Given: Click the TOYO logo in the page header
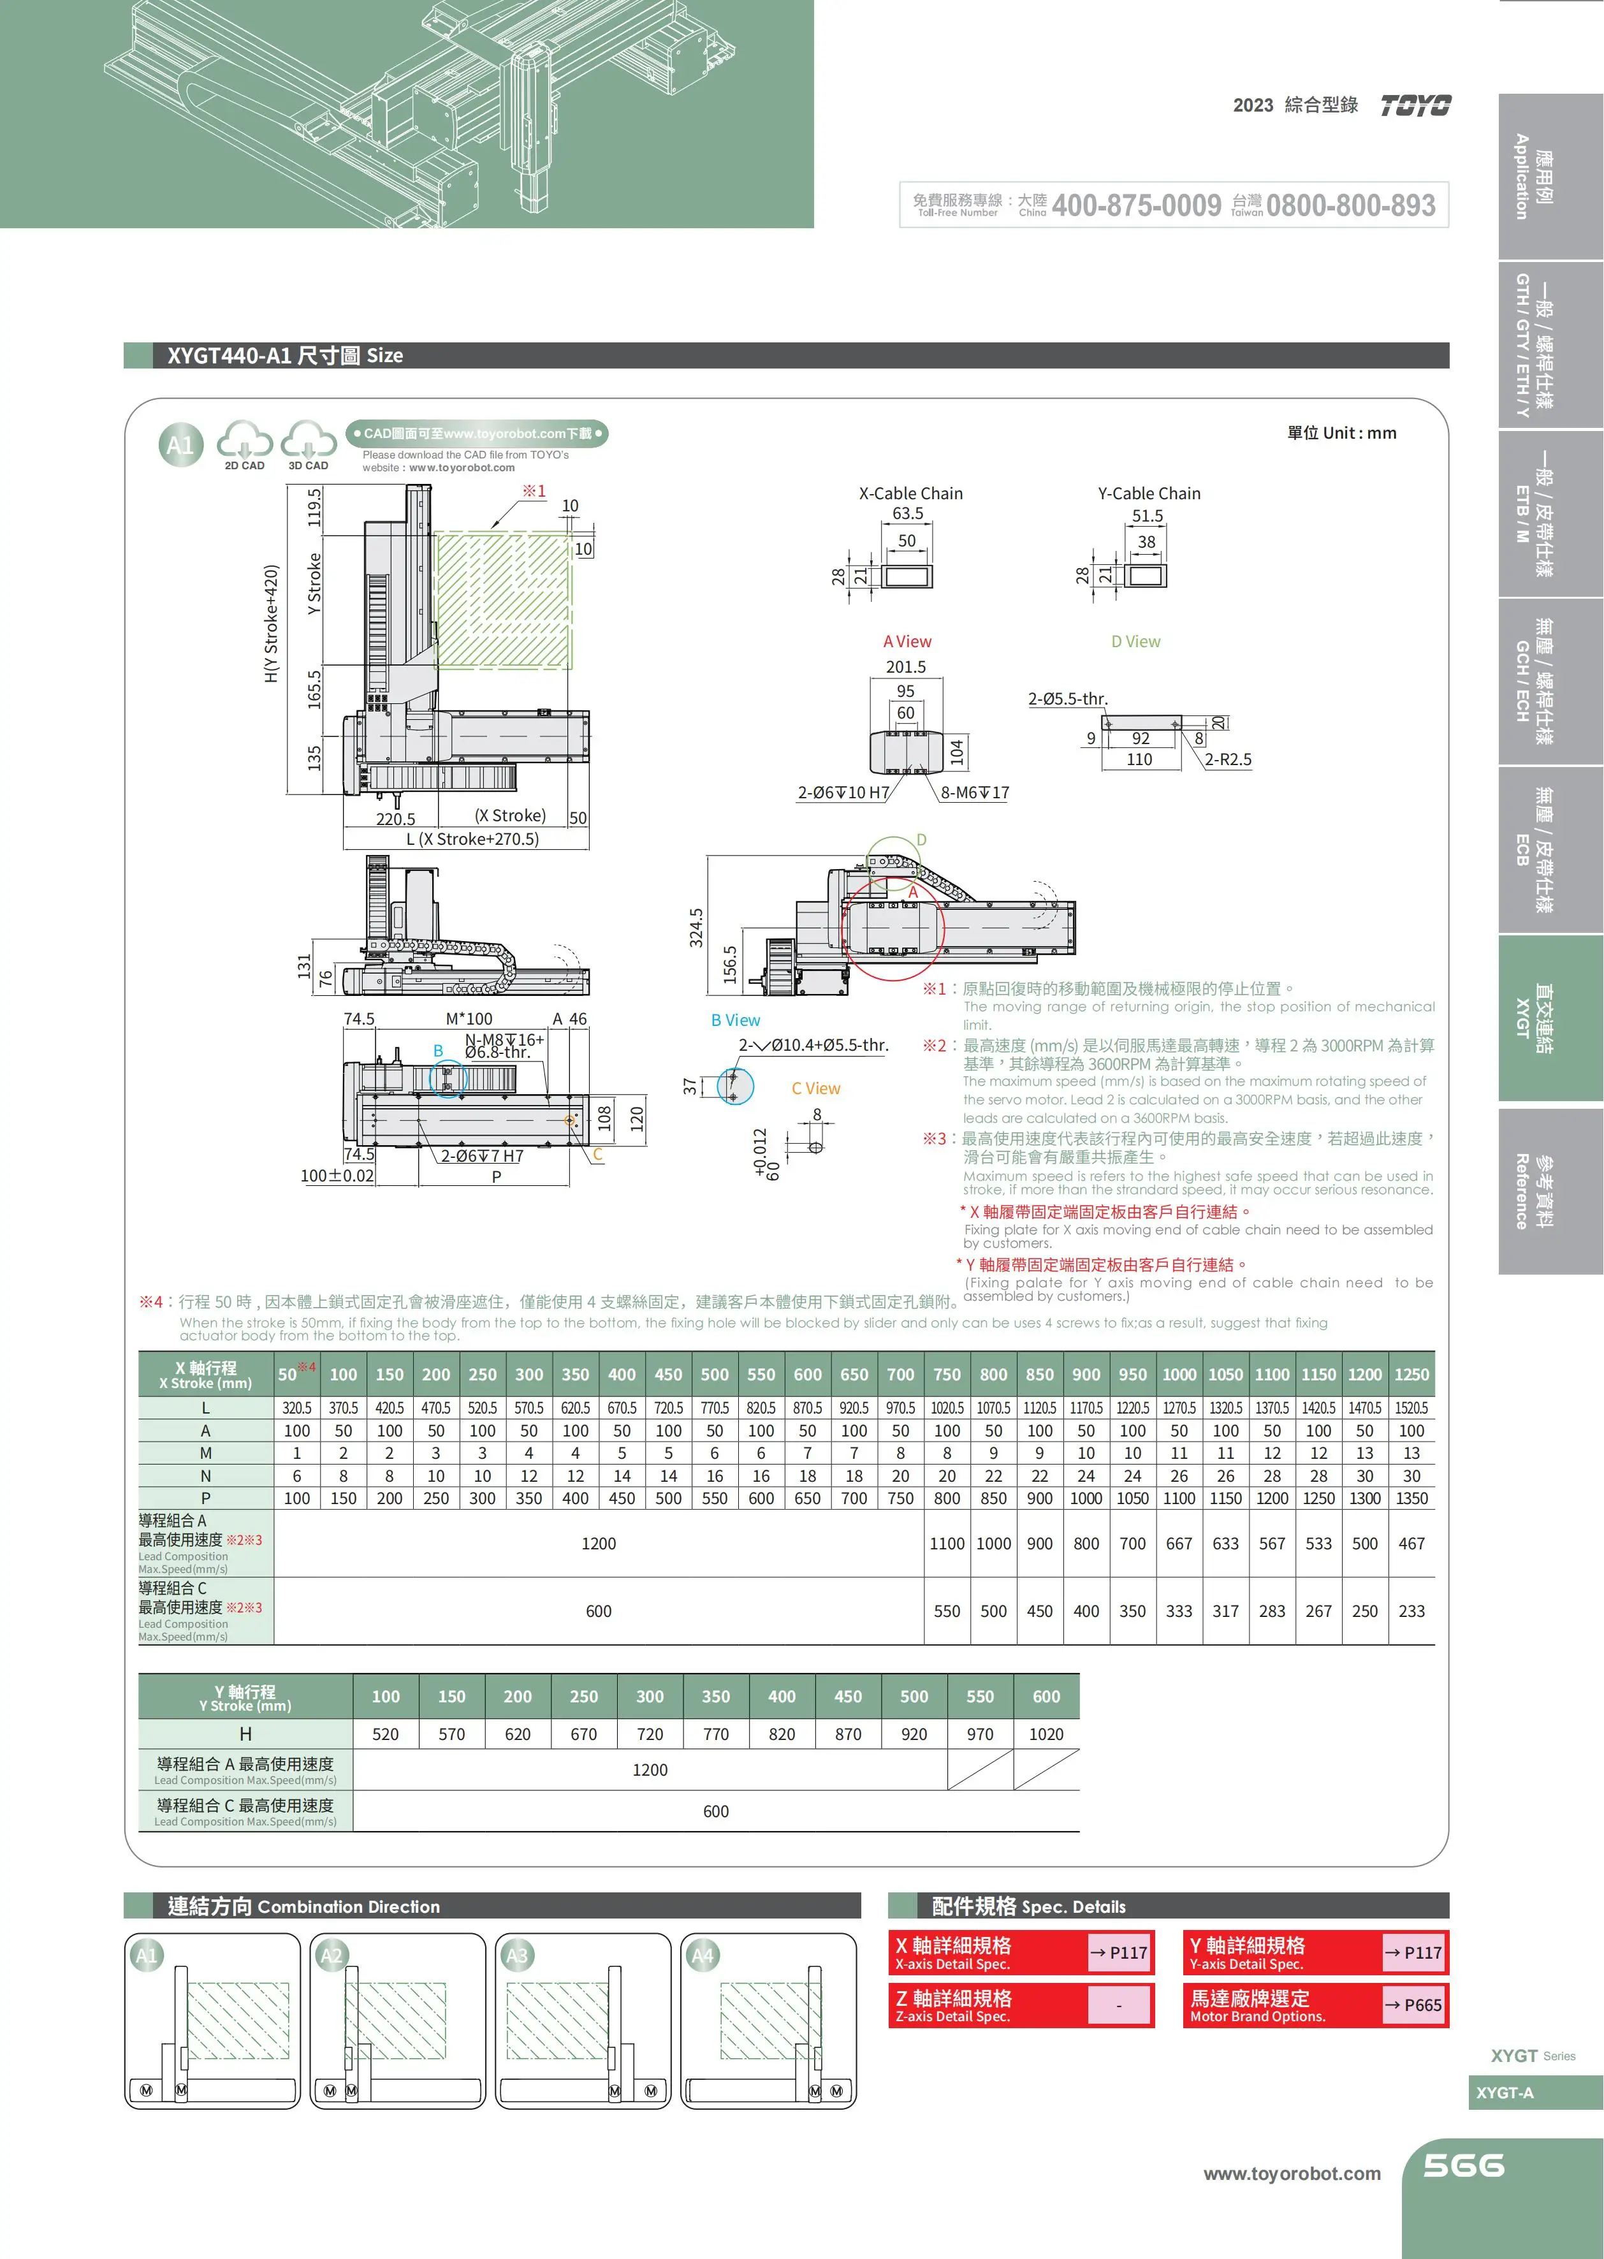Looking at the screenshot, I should pyautogui.click(x=1415, y=106).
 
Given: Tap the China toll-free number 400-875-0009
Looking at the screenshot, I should pyautogui.click(x=1136, y=205).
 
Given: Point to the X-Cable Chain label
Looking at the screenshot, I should pyautogui.click(x=910, y=493).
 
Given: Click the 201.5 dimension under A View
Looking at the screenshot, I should pyautogui.click(x=906, y=667).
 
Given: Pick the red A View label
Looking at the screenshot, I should pyautogui.click(x=907, y=641).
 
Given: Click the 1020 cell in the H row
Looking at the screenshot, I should pyautogui.click(x=1046, y=1734).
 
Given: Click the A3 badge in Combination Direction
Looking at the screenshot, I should pyautogui.click(x=516, y=1955).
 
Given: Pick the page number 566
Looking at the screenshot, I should pyautogui.click(x=1462, y=2165).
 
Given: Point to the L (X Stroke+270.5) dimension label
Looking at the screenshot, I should pyautogui.click(x=472, y=838).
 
